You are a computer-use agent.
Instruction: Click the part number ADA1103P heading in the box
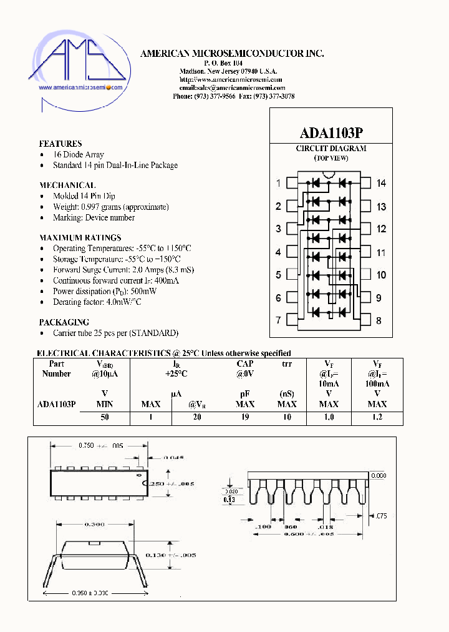tap(331, 133)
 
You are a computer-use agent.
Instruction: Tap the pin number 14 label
tap(381, 183)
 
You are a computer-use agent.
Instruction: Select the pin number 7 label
tap(279, 320)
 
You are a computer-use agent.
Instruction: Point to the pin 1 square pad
tap(291, 183)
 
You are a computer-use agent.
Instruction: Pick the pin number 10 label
tap(381, 275)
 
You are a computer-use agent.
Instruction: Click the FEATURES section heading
tap(60, 144)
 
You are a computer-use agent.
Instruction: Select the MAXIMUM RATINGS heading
tap(80, 238)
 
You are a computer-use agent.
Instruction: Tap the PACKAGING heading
tap(64, 322)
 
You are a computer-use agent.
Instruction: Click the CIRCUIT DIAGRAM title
tap(331, 149)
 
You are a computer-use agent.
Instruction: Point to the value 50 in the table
tap(105, 418)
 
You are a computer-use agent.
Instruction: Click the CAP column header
tap(245, 363)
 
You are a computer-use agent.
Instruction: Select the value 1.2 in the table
tap(377, 418)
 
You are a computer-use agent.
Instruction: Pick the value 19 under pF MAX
tap(245, 418)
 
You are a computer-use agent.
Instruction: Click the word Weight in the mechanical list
tap(65, 207)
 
